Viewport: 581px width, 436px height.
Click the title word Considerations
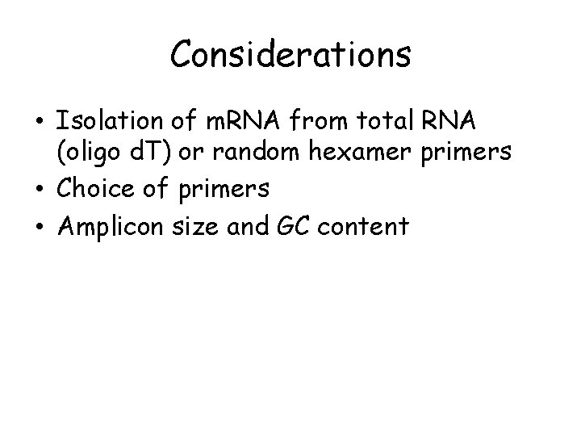point(290,55)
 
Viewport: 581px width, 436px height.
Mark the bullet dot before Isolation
point(40,123)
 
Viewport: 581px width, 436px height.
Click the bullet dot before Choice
point(40,191)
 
